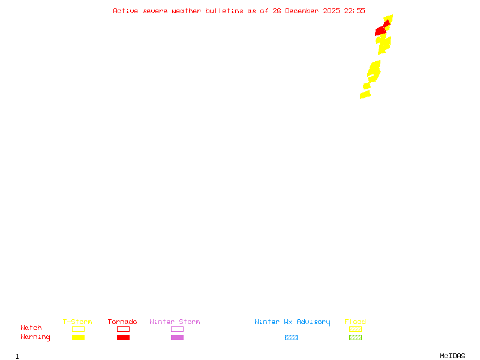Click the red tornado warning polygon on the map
coord(381,30)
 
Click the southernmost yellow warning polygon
coord(365,94)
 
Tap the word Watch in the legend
coord(31,328)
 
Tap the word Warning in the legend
coord(35,337)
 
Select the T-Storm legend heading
coord(77,322)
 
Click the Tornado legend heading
coord(122,322)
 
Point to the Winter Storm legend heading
coord(175,322)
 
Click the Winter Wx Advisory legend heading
coord(292,322)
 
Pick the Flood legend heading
coord(355,322)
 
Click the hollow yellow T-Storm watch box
coord(78,329)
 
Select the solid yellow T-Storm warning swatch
coord(78,337)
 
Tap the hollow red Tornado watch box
coord(123,329)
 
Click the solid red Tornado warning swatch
coord(123,337)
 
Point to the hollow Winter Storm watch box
coord(177,329)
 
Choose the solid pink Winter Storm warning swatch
coord(177,337)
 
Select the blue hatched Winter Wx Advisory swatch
coord(291,337)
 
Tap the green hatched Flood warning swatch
coord(355,337)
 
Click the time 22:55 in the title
coord(355,11)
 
